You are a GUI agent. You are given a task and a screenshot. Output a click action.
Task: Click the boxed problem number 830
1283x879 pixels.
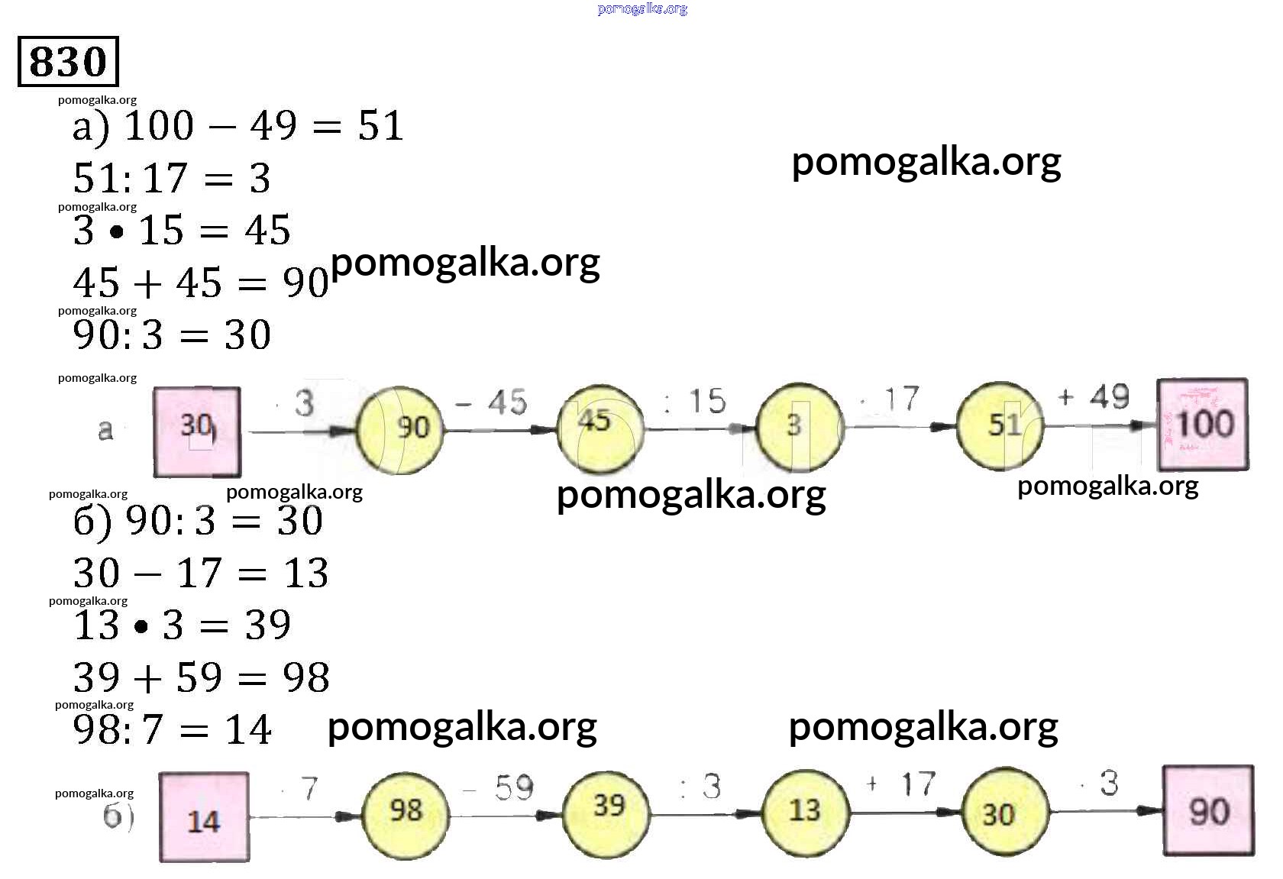tap(68, 61)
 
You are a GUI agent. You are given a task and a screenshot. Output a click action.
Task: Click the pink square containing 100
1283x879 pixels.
tap(1203, 425)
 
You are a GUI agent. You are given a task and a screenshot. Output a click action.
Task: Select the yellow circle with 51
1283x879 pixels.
tap(1000, 426)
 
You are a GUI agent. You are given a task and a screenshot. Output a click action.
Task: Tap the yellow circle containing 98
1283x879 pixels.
tap(405, 814)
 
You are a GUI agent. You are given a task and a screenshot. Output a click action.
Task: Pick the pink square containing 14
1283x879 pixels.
tap(204, 818)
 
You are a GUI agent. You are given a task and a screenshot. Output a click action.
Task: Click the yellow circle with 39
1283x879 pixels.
tap(607, 812)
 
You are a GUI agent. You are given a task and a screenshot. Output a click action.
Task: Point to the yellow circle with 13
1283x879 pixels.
tap(805, 812)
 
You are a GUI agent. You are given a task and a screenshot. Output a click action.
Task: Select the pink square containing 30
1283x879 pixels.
tap(197, 431)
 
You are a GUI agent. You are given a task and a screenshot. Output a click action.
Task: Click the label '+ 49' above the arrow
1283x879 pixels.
tap(1094, 397)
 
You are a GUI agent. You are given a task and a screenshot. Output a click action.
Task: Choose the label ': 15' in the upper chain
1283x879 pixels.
tap(695, 402)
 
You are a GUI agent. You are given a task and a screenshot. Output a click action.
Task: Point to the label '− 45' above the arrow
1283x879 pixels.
tap(492, 402)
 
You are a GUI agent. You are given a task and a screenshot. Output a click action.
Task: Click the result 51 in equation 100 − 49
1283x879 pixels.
tap(380, 126)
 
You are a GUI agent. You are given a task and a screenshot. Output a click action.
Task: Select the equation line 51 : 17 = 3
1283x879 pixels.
tap(172, 179)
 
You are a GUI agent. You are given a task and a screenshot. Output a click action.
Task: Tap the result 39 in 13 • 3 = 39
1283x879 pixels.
tap(267, 625)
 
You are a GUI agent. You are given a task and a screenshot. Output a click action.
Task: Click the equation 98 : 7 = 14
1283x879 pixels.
tap(172, 729)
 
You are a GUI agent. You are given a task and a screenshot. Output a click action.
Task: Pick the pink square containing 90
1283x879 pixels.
tap(1208, 811)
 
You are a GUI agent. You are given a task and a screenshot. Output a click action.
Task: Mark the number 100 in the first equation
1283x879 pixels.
tap(159, 126)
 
